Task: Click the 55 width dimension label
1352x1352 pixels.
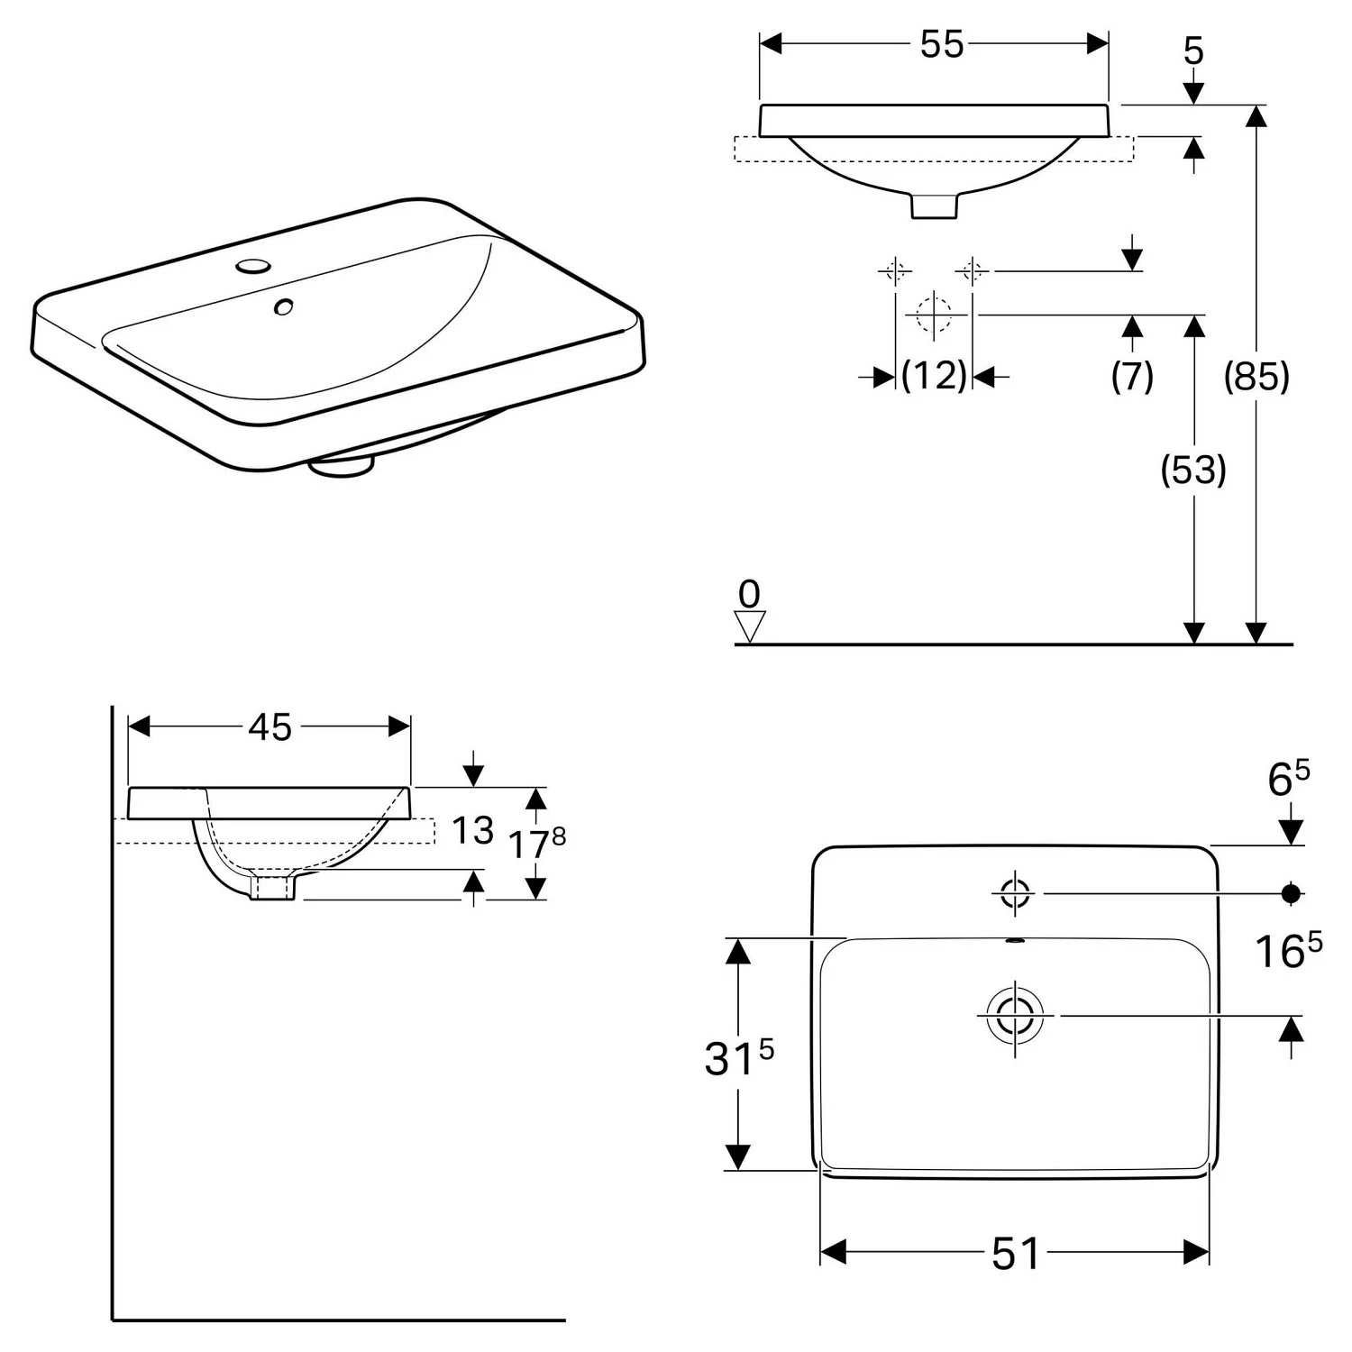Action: pos(942,44)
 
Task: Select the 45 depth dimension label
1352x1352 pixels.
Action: pos(270,727)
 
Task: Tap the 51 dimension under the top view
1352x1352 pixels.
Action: pos(1016,1253)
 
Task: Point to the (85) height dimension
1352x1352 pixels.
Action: pos(1256,376)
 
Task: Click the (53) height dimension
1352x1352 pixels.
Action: pos(1193,470)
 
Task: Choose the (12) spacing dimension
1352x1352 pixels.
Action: pos(934,375)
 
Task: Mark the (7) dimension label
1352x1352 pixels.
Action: pos(1132,376)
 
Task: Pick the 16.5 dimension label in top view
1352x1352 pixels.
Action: pos(1289,951)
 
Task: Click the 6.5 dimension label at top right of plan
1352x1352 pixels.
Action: pos(1289,779)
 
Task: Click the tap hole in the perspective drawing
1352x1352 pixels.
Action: pos(253,266)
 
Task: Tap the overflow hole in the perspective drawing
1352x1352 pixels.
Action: pos(284,307)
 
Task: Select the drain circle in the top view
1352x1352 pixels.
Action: pos(1016,1016)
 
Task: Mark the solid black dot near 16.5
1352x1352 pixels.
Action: pos(1292,893)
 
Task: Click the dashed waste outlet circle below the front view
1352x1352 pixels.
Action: pos(934,315)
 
